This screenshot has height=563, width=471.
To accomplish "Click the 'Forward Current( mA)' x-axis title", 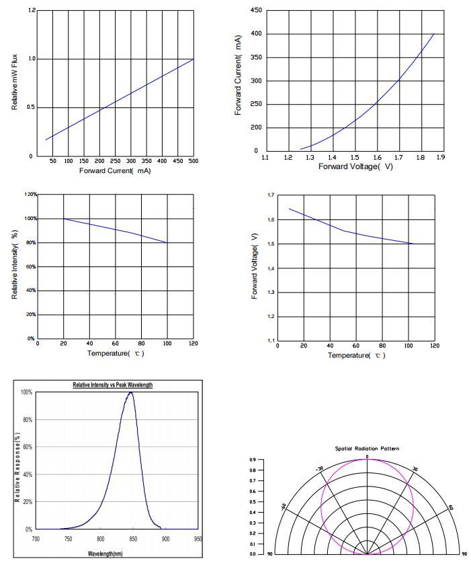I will pyautogui.click(x=115, y=171).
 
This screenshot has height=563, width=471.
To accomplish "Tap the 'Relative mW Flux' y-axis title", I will pyautogui.click(x=15, y=83).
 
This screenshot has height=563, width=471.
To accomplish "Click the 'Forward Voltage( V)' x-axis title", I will pyautogui.click(x=355, y=166).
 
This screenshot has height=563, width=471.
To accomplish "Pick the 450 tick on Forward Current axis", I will pyautogui.click(x=255, y=11).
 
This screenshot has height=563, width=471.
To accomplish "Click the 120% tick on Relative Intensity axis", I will pyautogui.click(x=30, y=195).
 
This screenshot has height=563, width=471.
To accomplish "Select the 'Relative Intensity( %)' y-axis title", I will pyautogui.click(x=15, y=264).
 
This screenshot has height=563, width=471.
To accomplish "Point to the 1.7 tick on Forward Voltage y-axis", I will pyautogui.click(x=271, y=195).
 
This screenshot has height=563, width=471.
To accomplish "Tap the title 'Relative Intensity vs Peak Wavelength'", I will pyautogui.click(x=113, y=385).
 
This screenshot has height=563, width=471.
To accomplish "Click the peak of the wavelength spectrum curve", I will pyautogui.click(x=130, y=393).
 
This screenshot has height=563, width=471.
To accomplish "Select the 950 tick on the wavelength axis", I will pyautogui.click(x=198, y=538).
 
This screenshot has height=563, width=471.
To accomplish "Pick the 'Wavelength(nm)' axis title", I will pyautogui.click(x=105, y=554).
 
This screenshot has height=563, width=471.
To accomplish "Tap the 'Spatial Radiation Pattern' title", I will pyautogui.click(x=367, y=448).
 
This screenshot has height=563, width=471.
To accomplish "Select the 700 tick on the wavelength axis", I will pyautogui.click(x=36, y=538).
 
